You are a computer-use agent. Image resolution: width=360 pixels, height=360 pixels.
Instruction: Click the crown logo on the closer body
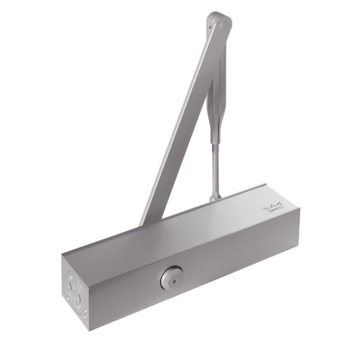pyautogui.click(x=272, y=207)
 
